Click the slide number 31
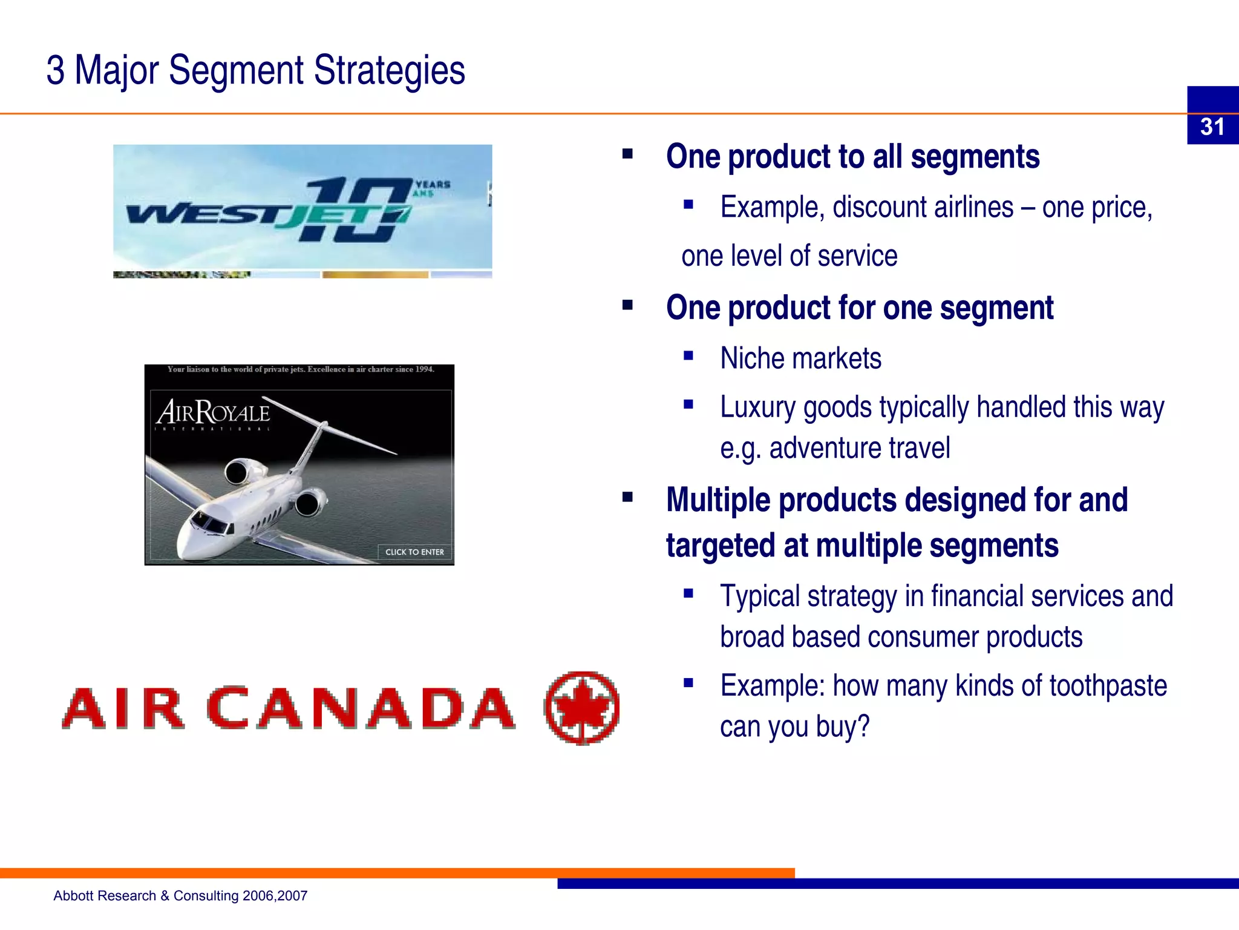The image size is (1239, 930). pyautogui.click(x=1212, y=127)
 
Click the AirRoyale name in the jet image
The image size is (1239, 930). pyautogui.click(x=213, y=413)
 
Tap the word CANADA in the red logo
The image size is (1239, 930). pyautogui.click(x=361, y=708)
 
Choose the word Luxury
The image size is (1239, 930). pyautogui.click(x=757, y=407)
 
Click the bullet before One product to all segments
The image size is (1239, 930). pyautogui.click(x=627, y=154)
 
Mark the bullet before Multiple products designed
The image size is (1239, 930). pyautogui.click(x=627, y=498)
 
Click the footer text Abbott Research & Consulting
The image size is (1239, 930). pyautogui.click(x=180, y=895)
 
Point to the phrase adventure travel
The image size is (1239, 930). pyautogui.click(x=859, y=449)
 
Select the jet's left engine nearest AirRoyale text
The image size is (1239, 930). pyautogui.click(x=240, y=471)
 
